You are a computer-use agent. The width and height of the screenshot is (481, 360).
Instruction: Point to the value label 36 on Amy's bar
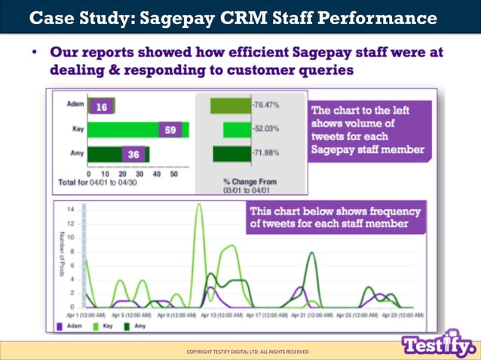click(133, 154)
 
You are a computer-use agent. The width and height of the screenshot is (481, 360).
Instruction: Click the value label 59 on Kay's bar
click(170, 130)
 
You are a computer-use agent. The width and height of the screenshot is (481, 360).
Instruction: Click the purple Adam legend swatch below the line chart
click(60, 326)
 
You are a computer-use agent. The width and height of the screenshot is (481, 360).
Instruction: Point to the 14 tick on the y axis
click(71, 209)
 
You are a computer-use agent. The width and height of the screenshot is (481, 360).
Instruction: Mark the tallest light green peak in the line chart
click(200, 206)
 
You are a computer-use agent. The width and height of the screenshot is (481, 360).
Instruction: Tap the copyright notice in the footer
click(248, 352)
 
